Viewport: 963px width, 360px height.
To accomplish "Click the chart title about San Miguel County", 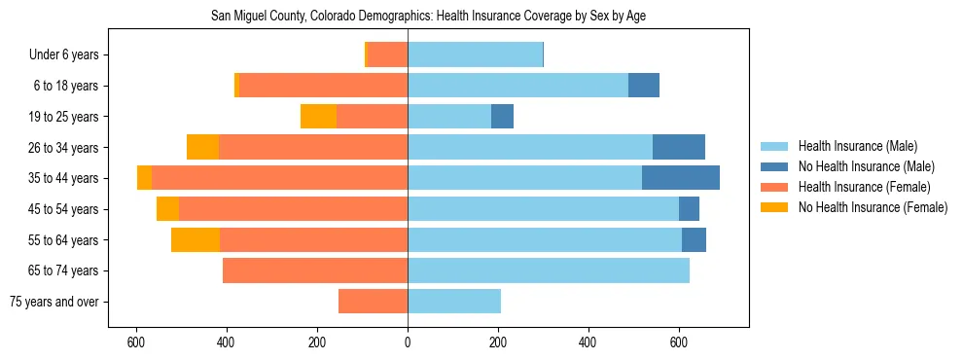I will click(x=428, y=17).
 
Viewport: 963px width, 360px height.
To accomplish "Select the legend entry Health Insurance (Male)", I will click(x=856, y=146).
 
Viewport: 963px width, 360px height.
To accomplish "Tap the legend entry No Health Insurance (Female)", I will click(x=873, y=207).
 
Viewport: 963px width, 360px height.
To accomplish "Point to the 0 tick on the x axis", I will click(x=408, y=343).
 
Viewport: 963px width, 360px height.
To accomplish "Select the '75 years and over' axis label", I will click(x=53, y=302).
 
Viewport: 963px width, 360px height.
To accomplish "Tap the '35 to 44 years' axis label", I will click(x=63, y=178).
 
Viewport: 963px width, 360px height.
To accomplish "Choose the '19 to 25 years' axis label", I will click(x=63, y=117).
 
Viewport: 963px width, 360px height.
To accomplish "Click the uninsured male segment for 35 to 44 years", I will click(x=681, y=178).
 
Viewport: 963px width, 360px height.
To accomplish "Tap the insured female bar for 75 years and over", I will click(x=373, y=302).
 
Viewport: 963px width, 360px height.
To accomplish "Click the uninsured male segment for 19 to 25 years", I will click(x=502, y=117).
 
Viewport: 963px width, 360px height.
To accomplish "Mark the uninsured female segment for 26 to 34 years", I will click(x=202, y=147).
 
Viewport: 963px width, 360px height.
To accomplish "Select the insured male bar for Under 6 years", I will click(x=475, y=55).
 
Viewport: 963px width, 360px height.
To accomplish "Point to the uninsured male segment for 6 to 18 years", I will click(x=644, y=86).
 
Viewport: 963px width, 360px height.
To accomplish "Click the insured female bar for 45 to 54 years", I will click(x=293, y=209).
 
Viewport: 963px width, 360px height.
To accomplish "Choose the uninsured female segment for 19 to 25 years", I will click(x=318, y=117).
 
